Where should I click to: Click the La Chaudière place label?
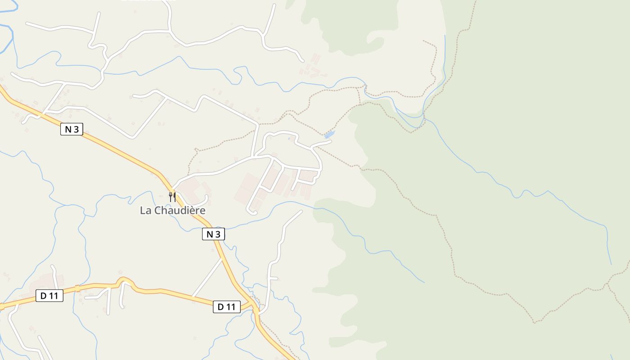click(172, 210)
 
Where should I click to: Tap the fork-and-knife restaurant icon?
click(172, 197)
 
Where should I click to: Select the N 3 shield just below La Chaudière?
click(213, 234)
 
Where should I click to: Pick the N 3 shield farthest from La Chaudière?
click(72, 130)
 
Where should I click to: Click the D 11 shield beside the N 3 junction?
click(226, 307)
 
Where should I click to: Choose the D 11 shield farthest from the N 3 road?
click(49, 296)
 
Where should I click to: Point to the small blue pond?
click(329, 135)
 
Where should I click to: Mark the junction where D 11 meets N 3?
click(255, 308)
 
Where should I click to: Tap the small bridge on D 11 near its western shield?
click(77, 288)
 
